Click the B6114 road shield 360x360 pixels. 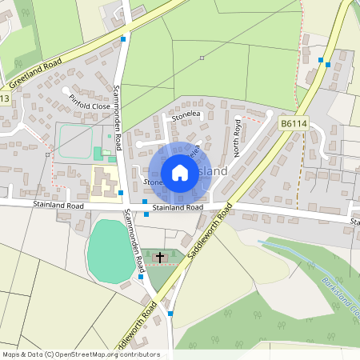(293, 124)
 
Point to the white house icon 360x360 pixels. (180, 173)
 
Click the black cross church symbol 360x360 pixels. (160, 258)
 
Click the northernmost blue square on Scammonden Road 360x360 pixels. (123, 38)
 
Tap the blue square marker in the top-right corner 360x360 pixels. (320, 60)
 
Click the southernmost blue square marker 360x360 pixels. (170, 314)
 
